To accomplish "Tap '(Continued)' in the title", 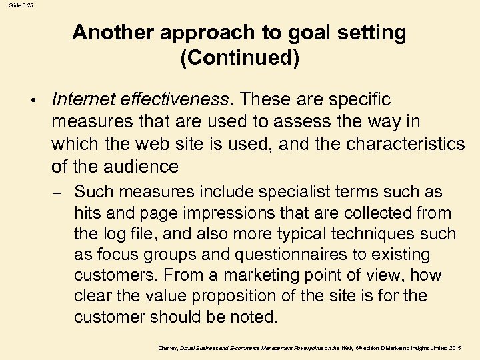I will pos(240,58).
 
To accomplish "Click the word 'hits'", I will pos(87,213).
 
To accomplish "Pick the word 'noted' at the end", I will pos(253,317).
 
